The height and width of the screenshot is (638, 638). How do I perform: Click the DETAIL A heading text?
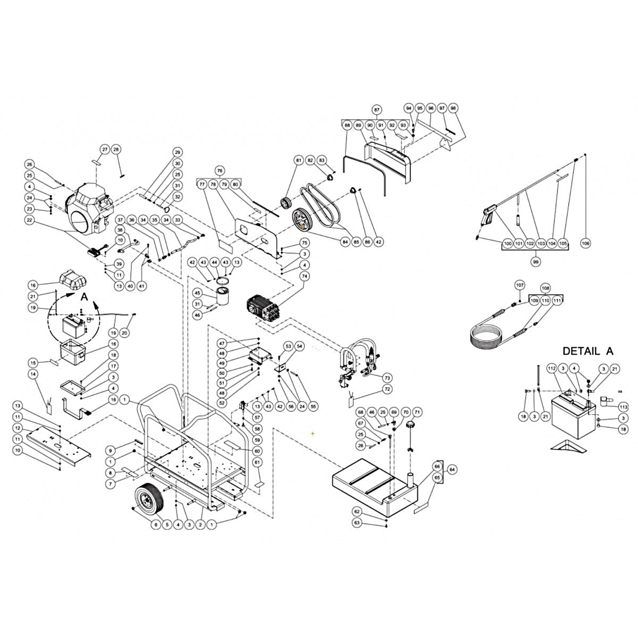click(587, 351)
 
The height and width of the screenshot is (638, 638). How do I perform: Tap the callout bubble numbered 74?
click(305, 276)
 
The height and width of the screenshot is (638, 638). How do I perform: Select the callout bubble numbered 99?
click(536, 262)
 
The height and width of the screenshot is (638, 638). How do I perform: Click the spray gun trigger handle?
click(489, 218)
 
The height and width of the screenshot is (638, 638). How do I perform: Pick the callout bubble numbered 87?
click(377, 110)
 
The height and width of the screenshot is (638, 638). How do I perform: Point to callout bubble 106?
click(586, 243)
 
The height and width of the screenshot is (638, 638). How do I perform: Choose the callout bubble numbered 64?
click(452, 470)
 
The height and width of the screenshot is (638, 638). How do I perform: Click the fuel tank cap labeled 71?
click(412, 427)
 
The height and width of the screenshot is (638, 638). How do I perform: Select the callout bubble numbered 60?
click(257, 451)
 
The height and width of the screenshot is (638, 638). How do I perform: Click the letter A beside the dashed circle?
click(83, 298)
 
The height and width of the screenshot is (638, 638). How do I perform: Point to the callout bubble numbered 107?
click(519, 286)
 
